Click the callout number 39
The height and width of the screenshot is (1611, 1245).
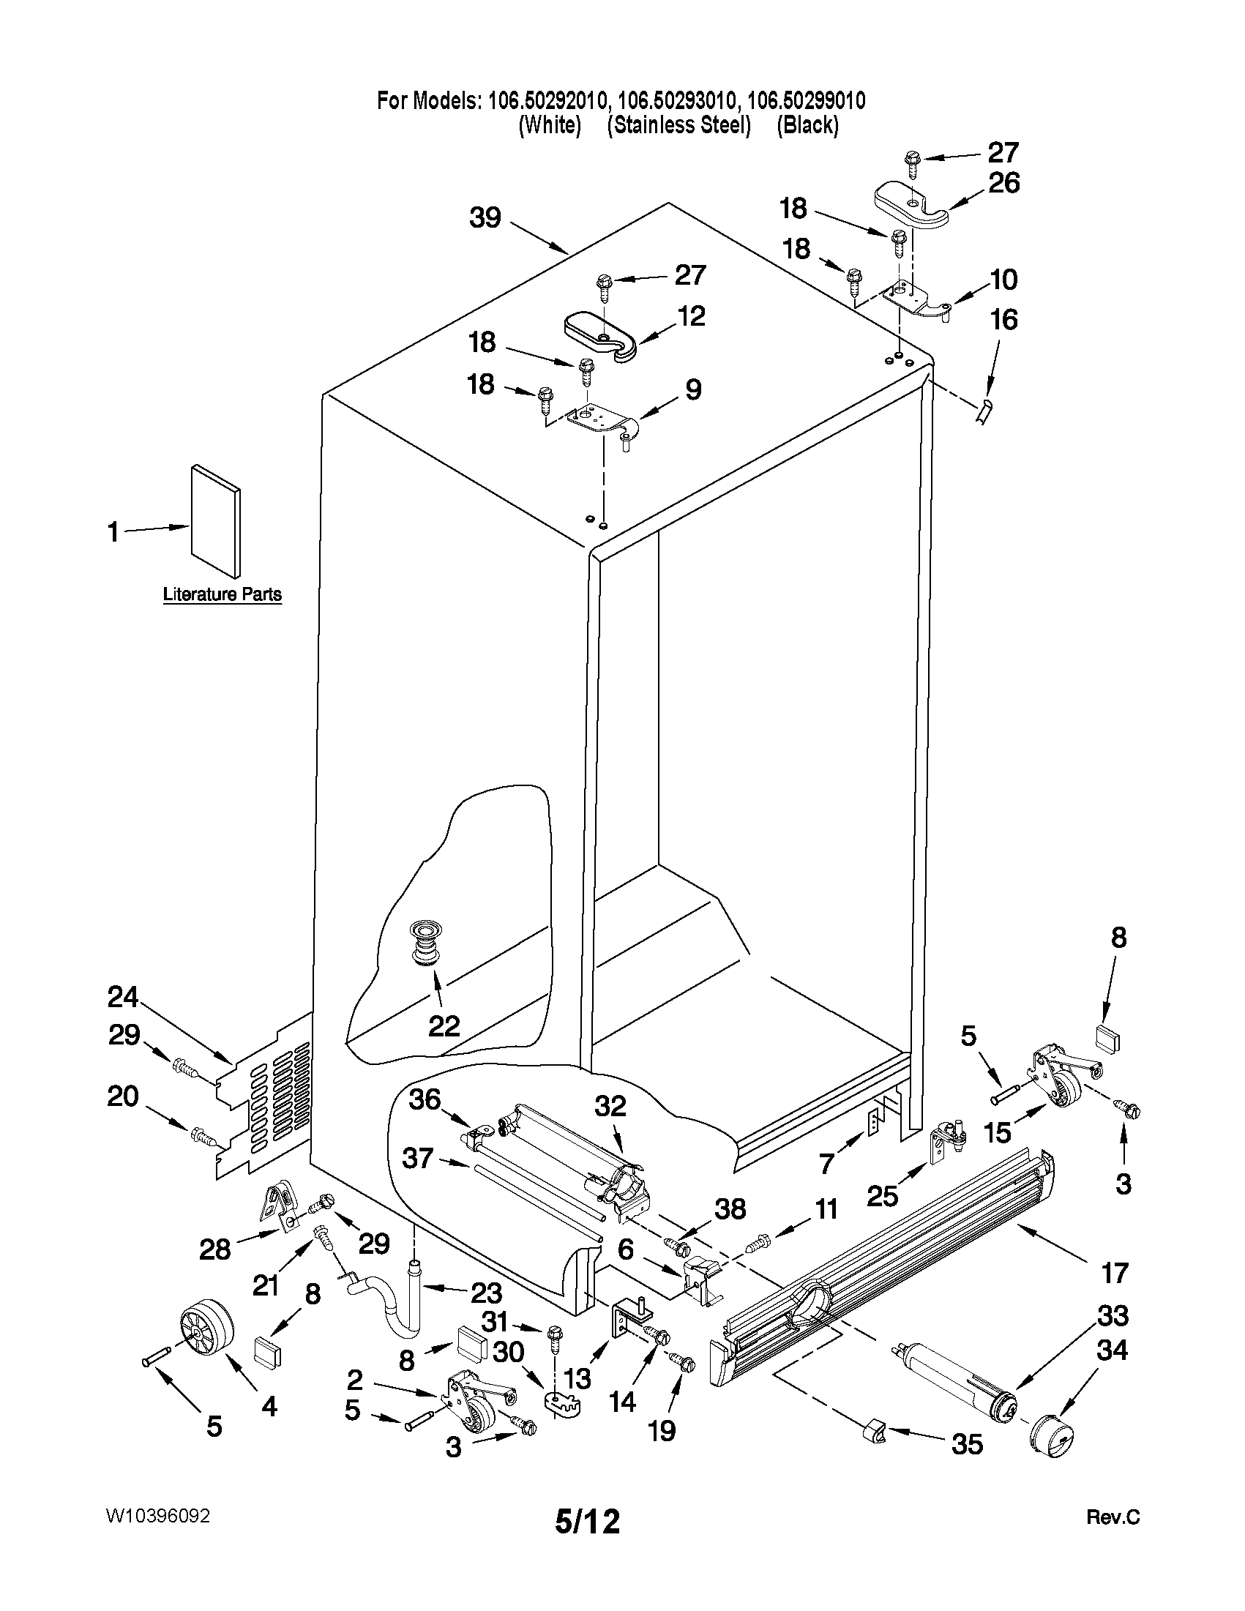485,218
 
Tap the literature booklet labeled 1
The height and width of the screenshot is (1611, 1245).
215,520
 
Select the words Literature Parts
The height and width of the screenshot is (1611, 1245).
222,594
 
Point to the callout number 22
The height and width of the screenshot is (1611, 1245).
444,1025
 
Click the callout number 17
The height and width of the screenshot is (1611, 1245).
1115,1272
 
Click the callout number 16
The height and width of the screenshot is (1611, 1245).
1003,320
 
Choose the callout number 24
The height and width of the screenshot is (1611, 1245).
122,998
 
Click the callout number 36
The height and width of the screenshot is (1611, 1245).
425,1121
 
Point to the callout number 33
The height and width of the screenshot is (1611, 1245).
1113,1315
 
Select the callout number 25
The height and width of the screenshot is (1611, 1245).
882,1195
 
